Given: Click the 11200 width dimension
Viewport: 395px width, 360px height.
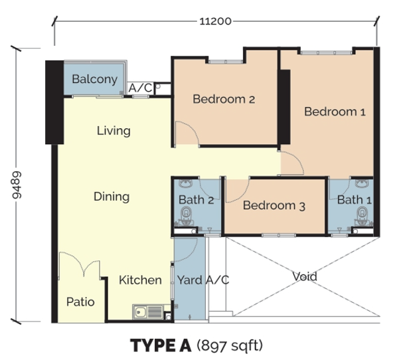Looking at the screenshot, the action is [x=215, y=21].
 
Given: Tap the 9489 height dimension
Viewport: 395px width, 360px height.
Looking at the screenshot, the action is [x=17, y=185].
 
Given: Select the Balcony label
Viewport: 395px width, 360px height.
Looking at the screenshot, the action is [x=95, y=79].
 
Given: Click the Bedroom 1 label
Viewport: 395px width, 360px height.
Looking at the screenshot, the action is [x=335, y=112].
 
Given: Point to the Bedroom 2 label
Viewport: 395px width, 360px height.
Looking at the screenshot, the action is [x=224, y=99].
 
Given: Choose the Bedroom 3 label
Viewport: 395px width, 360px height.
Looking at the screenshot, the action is [x=274, y=205].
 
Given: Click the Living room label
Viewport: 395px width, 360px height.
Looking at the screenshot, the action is [x=114, y=131].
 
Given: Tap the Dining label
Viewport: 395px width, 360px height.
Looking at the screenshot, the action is [x=112, y=197].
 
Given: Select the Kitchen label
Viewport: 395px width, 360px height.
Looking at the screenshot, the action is [x=140, y=280].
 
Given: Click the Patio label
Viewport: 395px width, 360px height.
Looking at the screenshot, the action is [x=80, y=302].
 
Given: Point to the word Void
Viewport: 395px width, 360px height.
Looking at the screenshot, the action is [x=305, y=276].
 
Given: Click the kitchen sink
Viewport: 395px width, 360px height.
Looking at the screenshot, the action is [x=148, y=312].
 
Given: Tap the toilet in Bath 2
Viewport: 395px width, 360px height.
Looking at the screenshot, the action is [x=187, y=216].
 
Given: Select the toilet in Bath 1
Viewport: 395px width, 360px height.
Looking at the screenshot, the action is [x=362, y=216].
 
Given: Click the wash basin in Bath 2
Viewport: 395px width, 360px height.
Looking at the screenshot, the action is [x=186, y=183].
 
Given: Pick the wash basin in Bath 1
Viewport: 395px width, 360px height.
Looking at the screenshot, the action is [x=362, y=183].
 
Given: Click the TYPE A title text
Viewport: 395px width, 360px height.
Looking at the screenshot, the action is [x=161, y=345].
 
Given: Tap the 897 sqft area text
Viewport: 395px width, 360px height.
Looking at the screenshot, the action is [x=230, y=345].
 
